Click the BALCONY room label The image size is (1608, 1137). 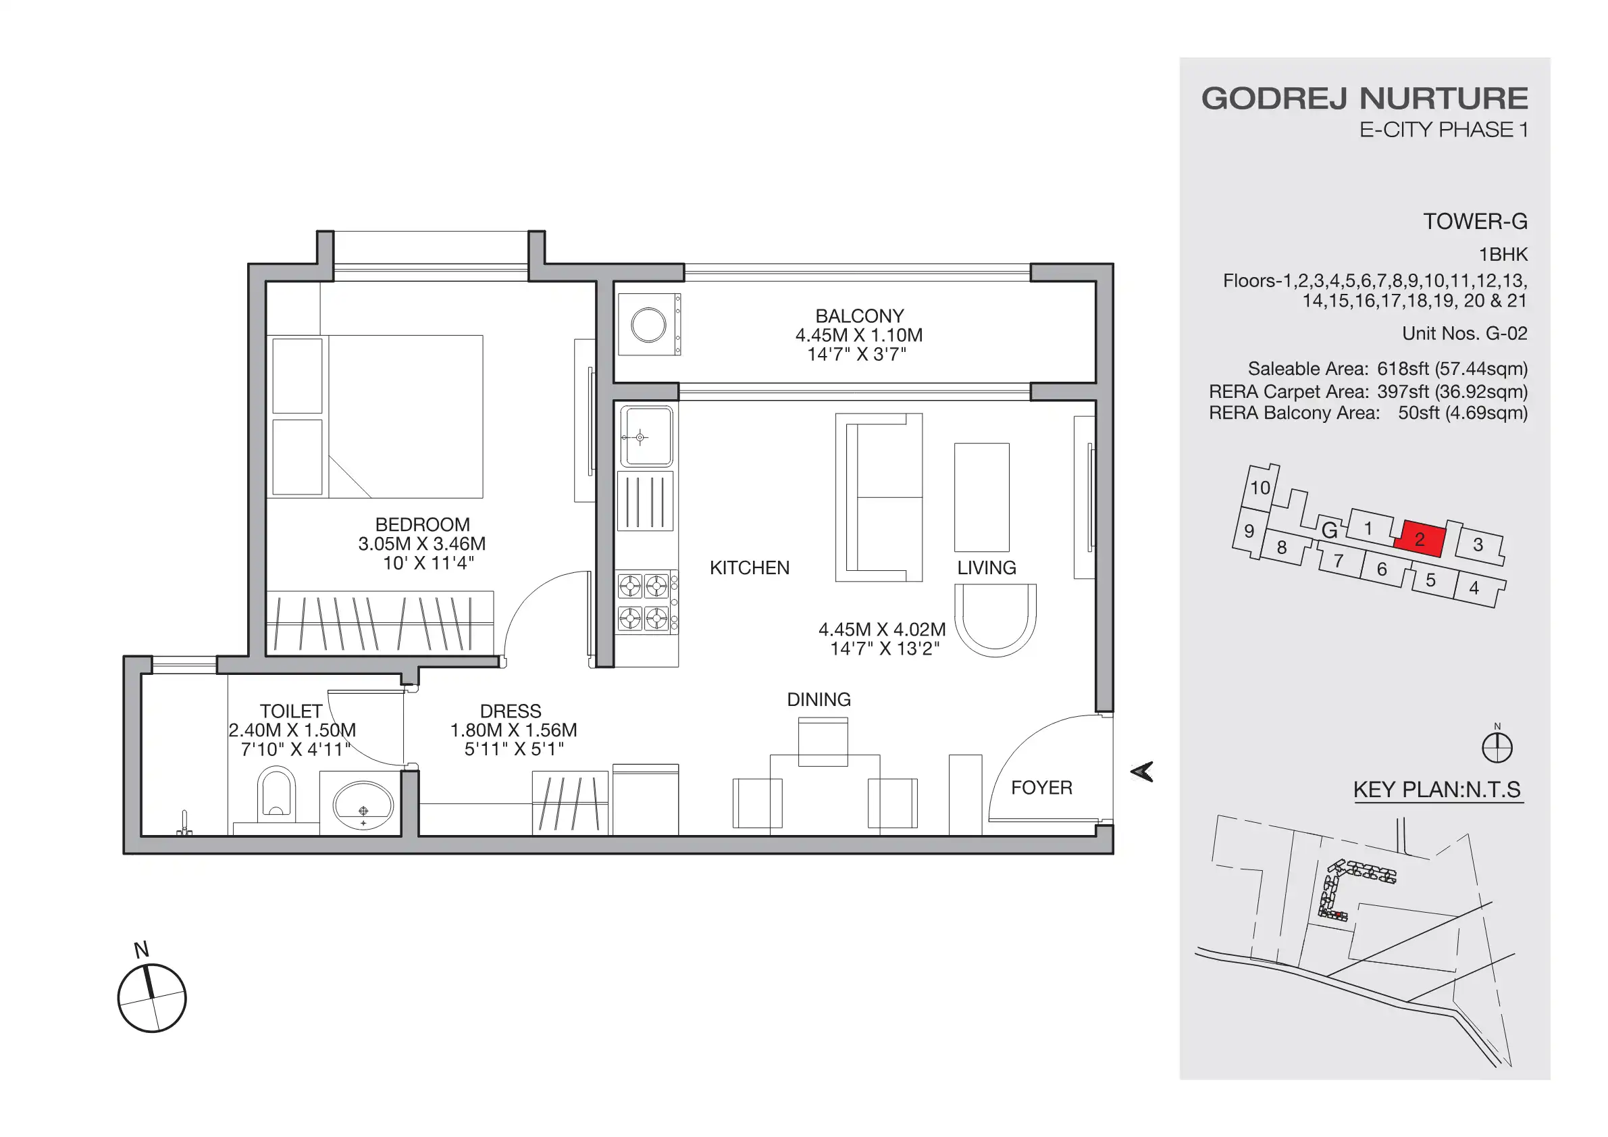pyautogui.click(x=859, y=316)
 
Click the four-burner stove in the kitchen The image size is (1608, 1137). pyautogui.click(x=644, y=602)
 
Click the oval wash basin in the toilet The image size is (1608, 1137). pyautogui.click(x=363, y=807)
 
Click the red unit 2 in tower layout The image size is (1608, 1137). pyautogui.click(x=1420, y=539)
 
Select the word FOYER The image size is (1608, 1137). pyautogui.click(x=1041, y=788)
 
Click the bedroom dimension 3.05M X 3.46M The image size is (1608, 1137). pyautogui.click(x=421, y=544)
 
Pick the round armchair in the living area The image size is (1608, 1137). pyautogui.click(x=995, y=620)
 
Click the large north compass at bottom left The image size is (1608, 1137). pyautogui.click(x=152, y=998)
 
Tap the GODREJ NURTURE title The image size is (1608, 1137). pyautogui.click(x=1364, y=99)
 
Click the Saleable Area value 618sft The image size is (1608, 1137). pyautogui.click(x=1403, y=368)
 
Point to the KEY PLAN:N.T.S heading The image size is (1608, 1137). pyautogui.click(x=1437, y=790)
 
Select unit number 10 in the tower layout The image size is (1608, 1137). pyautogui.click(x=1260, y=488)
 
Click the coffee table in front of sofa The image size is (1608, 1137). pyautogui.click(x=981, y=497)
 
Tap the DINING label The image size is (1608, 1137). pyautogui.click(x=819, y=699)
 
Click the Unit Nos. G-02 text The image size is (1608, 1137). pyautogui.click(x=1464, y=334)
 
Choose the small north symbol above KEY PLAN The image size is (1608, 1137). pyautogui.click(x=1497, y=746)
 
